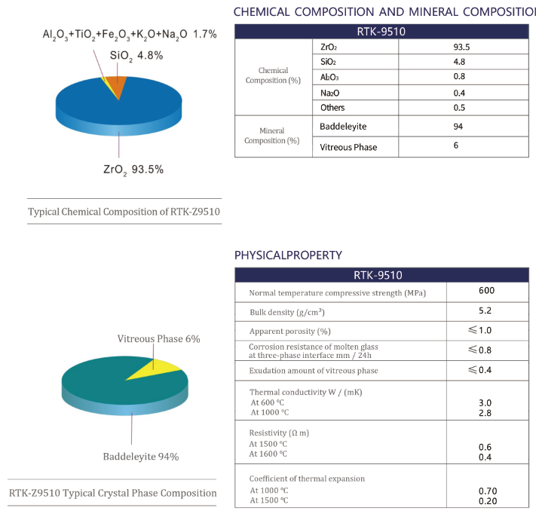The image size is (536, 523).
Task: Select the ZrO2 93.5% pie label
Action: click(x=133, y=170)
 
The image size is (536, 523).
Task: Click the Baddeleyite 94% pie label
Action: click(x=141, y=457)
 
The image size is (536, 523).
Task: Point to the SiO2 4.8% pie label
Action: click(x=136, y=56)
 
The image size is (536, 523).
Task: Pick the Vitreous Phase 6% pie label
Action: click(x=158, y=339)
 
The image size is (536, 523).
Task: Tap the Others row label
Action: click(x=332, y=108)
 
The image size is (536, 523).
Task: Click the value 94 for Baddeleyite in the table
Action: click(x=458, y=126)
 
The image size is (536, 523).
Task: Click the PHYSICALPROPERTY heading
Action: click(x=289, y=255)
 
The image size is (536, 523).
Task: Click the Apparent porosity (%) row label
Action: click(x=290, y=332)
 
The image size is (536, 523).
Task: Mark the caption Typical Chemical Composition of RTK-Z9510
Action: click(x=124, y=212)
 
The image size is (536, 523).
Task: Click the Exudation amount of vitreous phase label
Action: click(x=314, y=371)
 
